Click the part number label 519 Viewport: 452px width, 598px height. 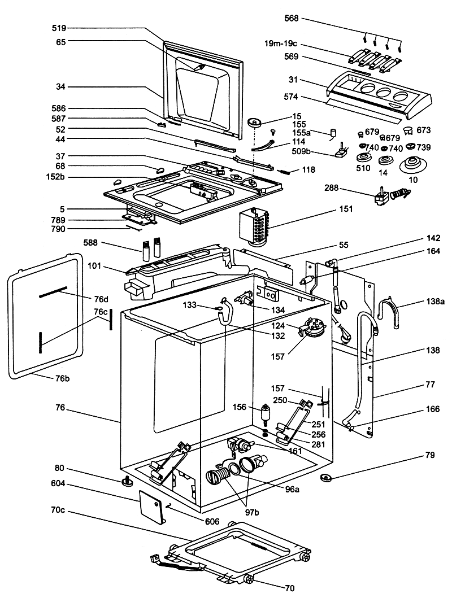coord(59,28)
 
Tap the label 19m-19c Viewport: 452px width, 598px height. coord(281,43)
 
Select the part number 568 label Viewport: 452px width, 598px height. coord(292,18)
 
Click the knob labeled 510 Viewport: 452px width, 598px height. coord(364,157)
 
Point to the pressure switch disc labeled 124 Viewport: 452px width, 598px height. coord(312,326)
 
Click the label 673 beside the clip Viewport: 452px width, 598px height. coord(423,130)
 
